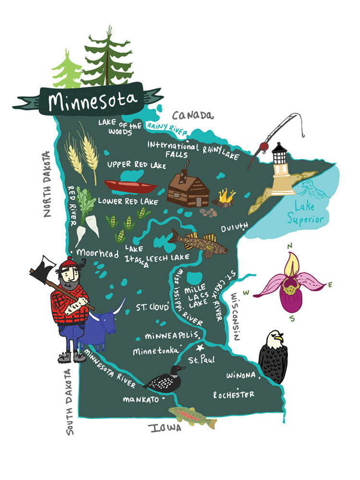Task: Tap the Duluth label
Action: tap(234, 225)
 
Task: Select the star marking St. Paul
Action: tap(200, 347)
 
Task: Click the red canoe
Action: tap(131, 186)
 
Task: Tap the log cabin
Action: tap(188, 189)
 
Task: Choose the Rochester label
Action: tap(234, 394)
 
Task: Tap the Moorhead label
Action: tap(97, 253)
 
